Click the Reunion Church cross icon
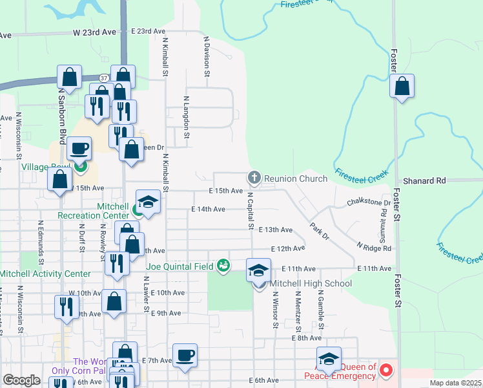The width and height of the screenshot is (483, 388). pyautogui.click(x=254, y=177)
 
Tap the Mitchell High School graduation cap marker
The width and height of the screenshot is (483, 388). pyautogui.click(x=258, y=270)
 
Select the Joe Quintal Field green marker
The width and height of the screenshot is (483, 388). pyautogui.click(x=223, y=264)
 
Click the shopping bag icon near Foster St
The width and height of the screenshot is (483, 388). pyautogui.click(x=402, y=86)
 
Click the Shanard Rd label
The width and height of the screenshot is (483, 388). pyautogui.click(x=424, y=181)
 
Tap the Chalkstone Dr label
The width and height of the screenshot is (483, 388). pyautogui.click(x=369, y=202)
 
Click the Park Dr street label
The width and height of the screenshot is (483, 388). pyautogui.click(x=319, y=232)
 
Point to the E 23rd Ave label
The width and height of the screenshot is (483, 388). pyautogui.click(x=148, y=31)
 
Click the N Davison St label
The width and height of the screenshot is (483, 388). pyautogui.click(x=207, y=56)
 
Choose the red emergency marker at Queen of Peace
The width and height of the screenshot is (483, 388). pyautogui.click(x=386, y=371)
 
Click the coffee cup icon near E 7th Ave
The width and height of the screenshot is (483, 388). pyautogui.click(x=185, y=355)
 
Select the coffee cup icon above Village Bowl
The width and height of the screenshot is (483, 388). pyautogui.click(x=79, y=149)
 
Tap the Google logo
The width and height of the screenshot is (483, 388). pyautogui.click(x=21, y=380)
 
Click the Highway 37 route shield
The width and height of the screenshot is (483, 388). pyautogui.click(x=103, y=77)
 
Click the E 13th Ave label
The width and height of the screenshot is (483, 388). pyautogui.click(x=276, y=230)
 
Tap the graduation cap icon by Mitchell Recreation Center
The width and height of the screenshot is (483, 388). pyautogui.click(x=148, y=201)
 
